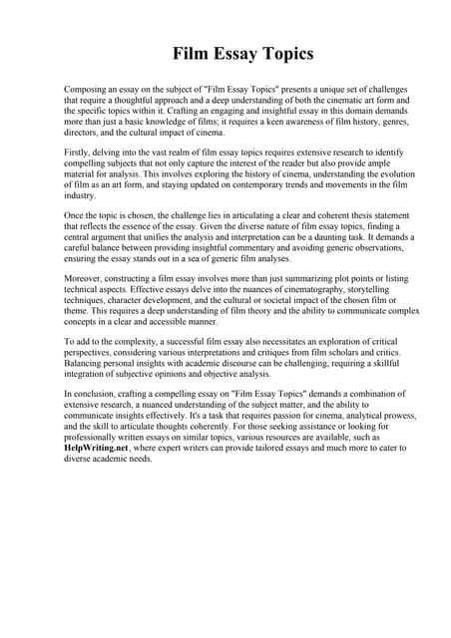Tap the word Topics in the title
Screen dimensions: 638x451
tap(280, 53)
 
